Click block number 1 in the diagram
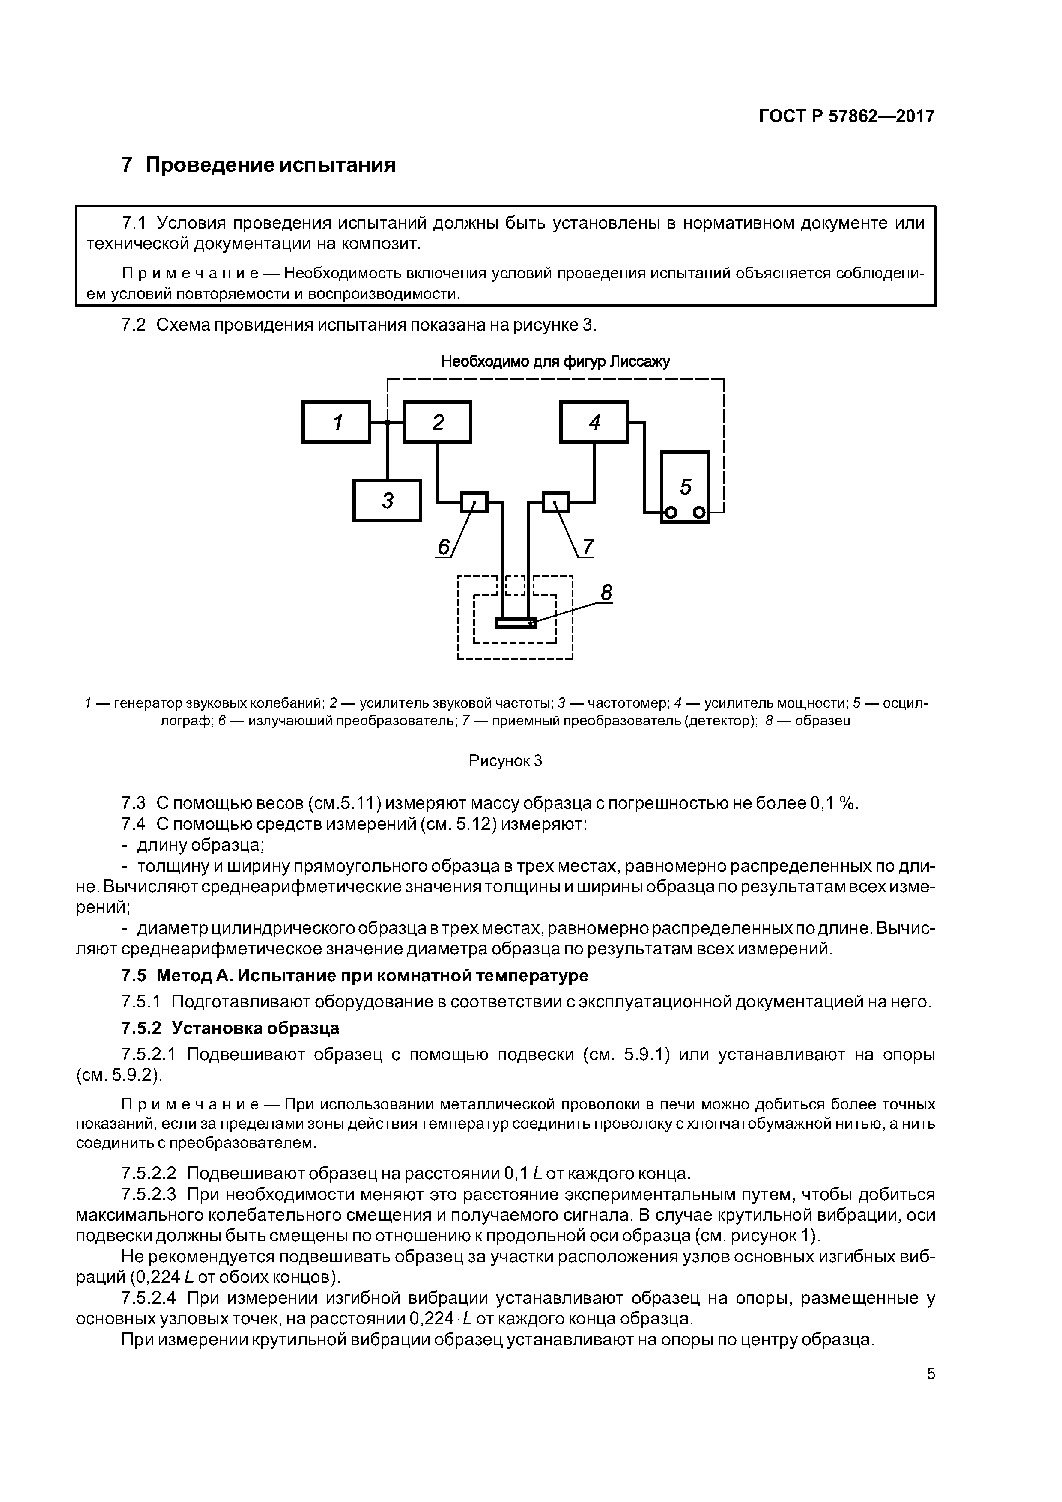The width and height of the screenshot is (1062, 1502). click(x=336, y=423)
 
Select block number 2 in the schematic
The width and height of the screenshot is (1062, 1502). click(x=437, y=423)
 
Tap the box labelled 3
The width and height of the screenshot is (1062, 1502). click(x=387, y=501)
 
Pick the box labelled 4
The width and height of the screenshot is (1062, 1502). click(x=594, y=423)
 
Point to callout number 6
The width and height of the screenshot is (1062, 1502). click(x=444, y=547)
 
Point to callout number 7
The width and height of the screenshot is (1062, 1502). click(x=587, y=546)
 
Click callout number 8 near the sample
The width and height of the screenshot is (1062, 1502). click(x=606, y=593)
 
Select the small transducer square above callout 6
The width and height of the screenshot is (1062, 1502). click(x=474, y=502)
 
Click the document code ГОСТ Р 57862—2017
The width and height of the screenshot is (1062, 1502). click(x=847, y=116)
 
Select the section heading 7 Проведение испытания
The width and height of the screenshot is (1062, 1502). click(x=259, y=165)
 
